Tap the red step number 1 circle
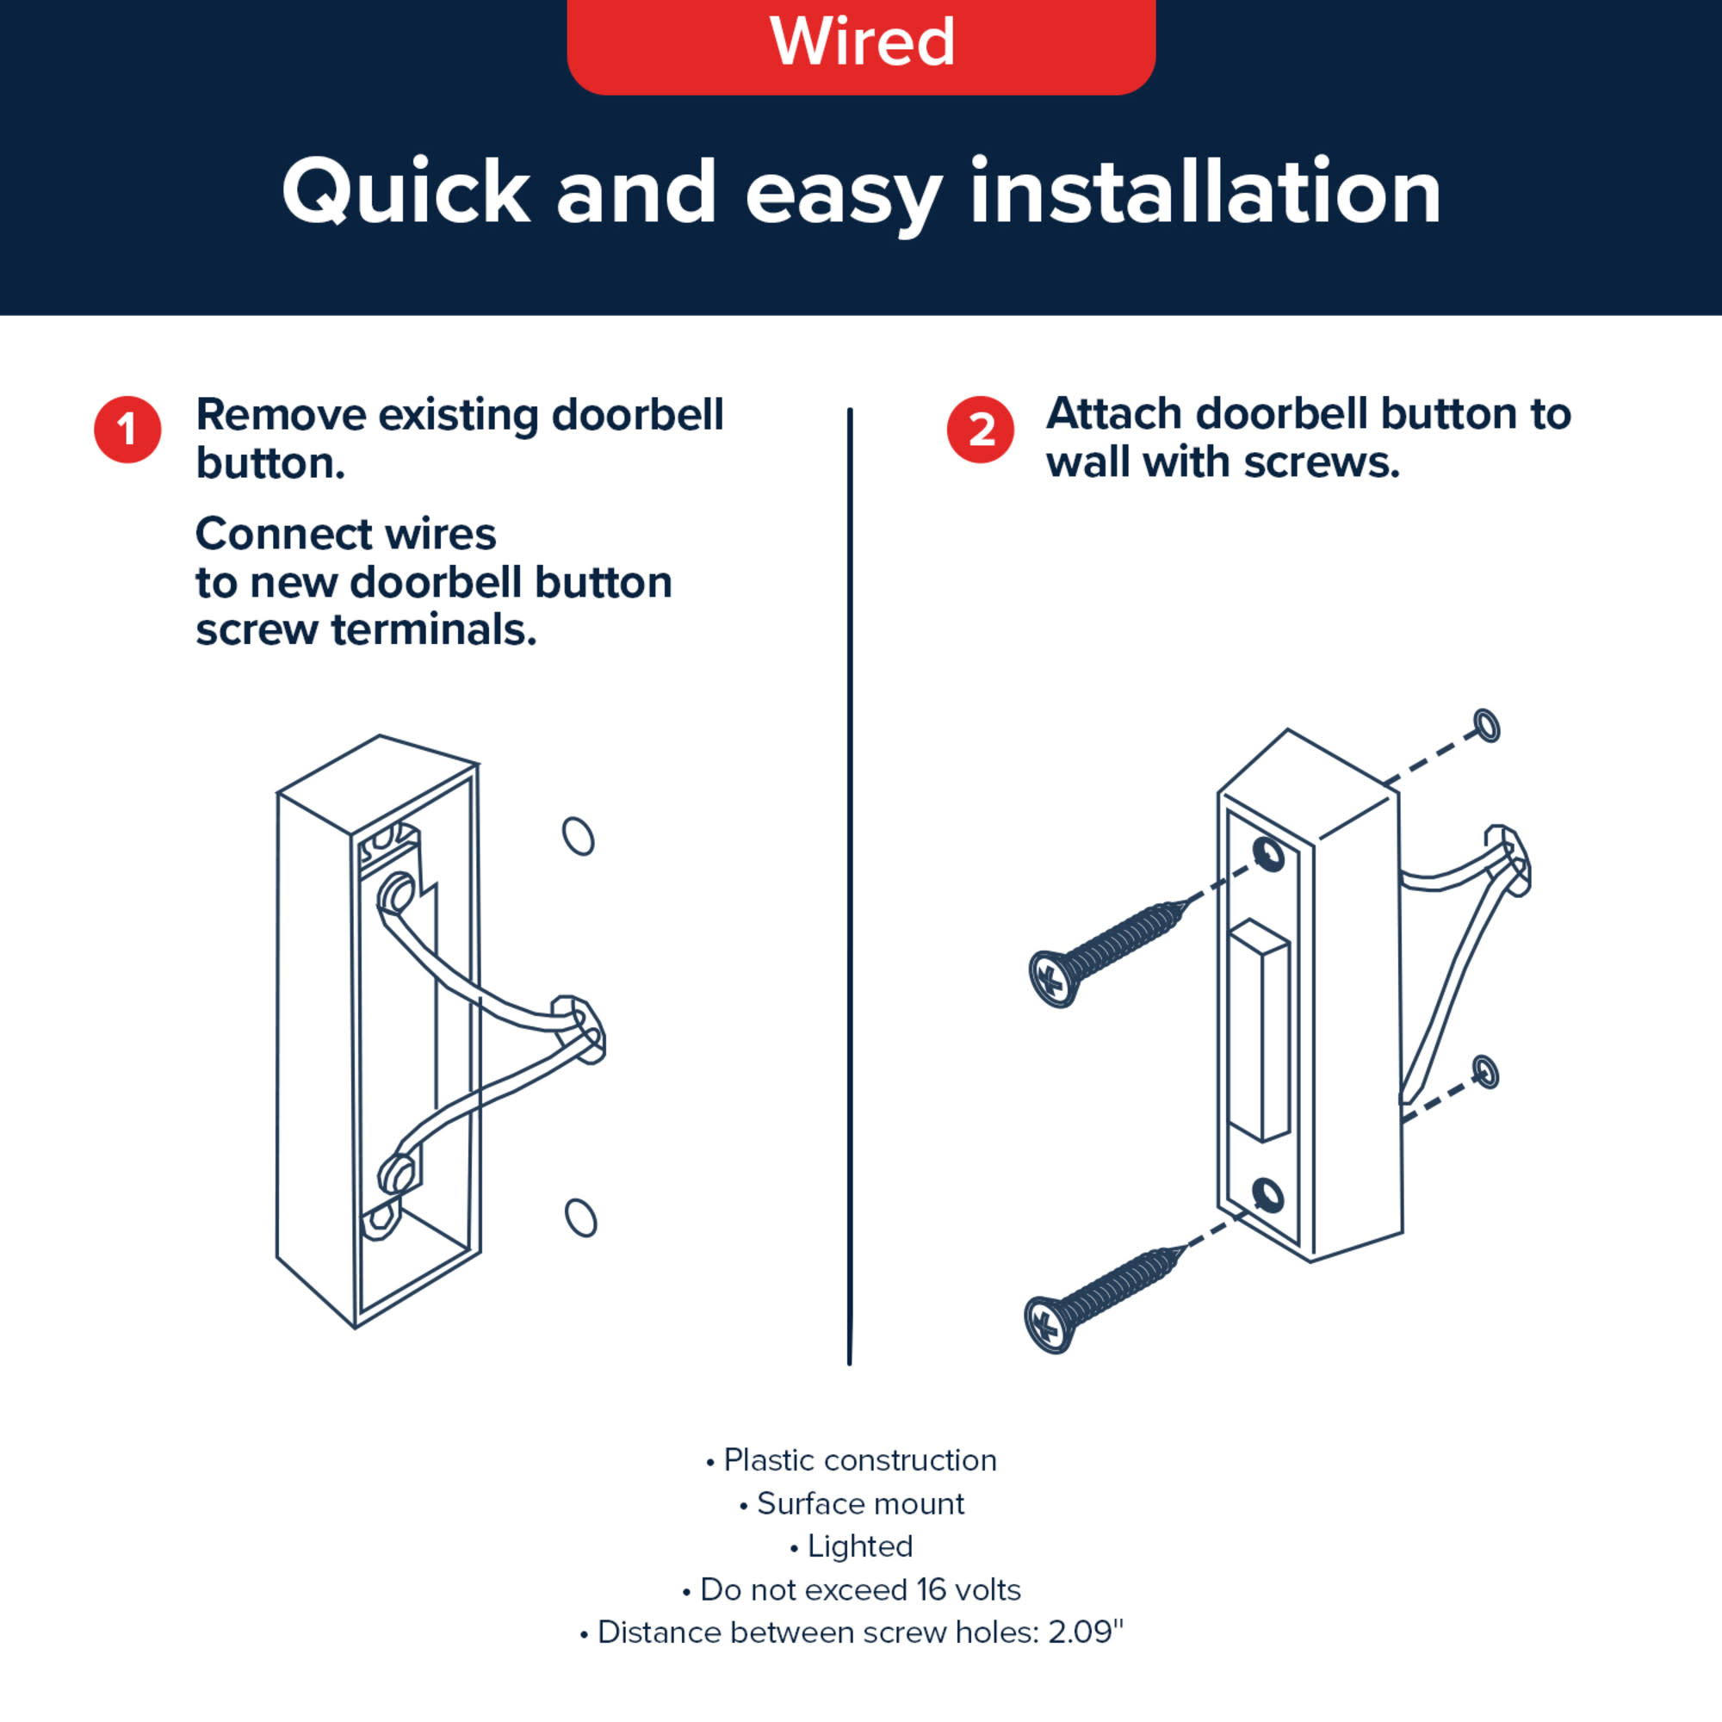(x=127, y=430)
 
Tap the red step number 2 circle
(x=981, y=430)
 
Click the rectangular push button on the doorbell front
(x=1259, y=1031)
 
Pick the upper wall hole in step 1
(x=579, y=836)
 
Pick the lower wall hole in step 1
(x=580, y=1217)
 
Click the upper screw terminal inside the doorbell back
(x=397, y=894)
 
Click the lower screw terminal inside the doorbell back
(x=397, y=1173)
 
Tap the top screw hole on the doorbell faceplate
(x=1268, y=854)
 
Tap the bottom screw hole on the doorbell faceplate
(x=1267, y=1193)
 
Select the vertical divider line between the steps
(x=850, y=886)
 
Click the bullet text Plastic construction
(x=860, y=1460)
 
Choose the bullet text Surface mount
(x=860, y=1503)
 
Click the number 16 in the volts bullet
(x=932, y=1589)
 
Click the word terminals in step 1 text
(x=433, y=630)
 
